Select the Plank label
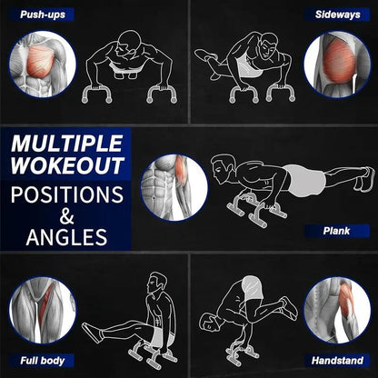pos(335,231)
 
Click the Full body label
pos(40,360)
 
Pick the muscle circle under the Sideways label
pos(336,64)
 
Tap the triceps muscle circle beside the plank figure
pos(174,187)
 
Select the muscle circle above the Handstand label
pos(336,311)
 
